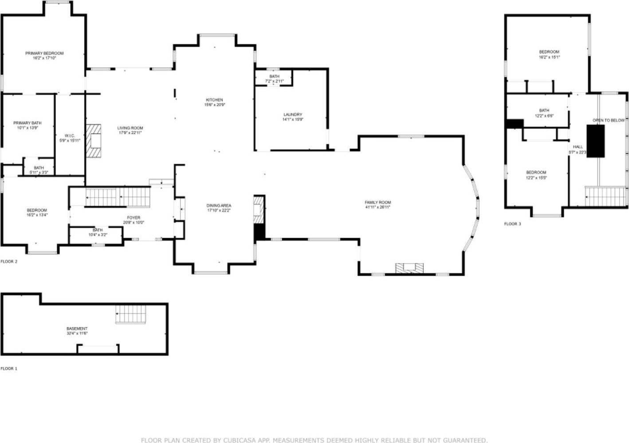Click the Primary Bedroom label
[44, 53]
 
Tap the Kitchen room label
[214, 100]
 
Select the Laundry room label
[292, 115]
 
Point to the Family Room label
[377, 202]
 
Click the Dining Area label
[219, 206]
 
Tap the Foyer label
[134, 218]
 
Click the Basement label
[77, 328]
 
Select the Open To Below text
[608, 120]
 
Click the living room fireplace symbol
[94, 140]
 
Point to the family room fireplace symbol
[410, 268]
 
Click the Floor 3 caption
[512, 224]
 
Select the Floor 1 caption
[9, 368]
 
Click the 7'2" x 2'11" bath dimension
[274, 81]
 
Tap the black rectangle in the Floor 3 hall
[595, 141]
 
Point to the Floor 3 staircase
[606, 196]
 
